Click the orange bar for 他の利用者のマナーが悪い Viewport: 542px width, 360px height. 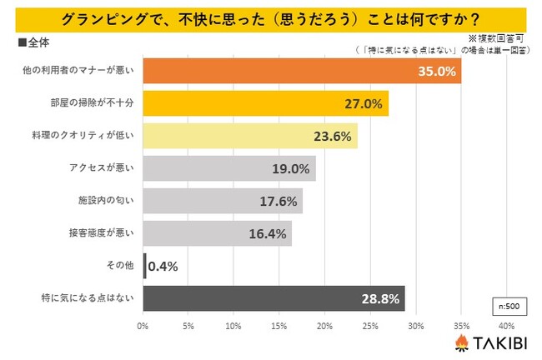pos(300,72)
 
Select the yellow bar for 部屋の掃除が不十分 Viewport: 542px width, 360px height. pos(265,104)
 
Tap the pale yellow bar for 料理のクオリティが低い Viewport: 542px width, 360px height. pos(250,136)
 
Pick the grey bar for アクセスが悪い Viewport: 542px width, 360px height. pos(229,168)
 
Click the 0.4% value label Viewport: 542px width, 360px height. pos(164,266)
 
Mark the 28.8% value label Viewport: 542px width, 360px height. pos(381,298)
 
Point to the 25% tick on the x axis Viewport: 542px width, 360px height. pos(370,325)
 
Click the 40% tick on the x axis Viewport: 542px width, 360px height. pos(506,325)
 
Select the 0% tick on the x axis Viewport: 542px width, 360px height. pos(143,325)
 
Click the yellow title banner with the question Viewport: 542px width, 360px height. pos(271,17)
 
